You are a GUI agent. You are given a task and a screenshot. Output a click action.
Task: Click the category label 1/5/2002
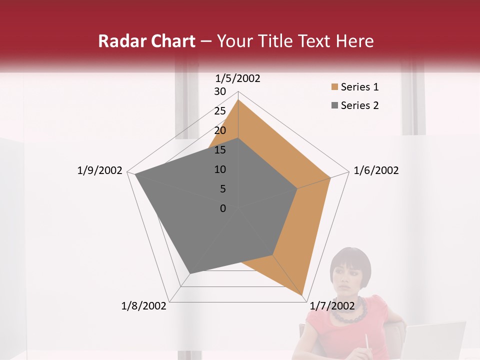point(238,78)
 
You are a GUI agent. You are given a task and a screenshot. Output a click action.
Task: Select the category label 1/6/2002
point(376,170)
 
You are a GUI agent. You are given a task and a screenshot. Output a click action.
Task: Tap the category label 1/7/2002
point(332,305)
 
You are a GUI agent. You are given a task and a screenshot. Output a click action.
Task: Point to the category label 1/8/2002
point(144,305)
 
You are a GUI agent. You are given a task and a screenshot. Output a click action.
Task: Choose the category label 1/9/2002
point(100,170)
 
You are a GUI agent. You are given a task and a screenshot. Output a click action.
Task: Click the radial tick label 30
point(220,91)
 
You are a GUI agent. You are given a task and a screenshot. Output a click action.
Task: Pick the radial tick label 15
point(220,150)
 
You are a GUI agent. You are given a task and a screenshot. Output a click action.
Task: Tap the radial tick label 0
point(223,208)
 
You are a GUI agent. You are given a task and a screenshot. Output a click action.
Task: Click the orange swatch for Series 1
point(334,87)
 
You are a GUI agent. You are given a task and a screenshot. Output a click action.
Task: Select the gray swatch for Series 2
point(334,105)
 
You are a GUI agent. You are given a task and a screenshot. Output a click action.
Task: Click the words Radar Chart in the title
point(146,41)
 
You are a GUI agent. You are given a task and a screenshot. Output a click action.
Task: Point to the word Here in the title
point(355,41)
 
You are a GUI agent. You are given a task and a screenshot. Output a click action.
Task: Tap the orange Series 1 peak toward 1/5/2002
point(238,99)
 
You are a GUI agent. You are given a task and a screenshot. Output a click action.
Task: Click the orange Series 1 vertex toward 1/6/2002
point(330,177)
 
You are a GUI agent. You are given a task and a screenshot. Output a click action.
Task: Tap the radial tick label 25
point(220,111)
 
